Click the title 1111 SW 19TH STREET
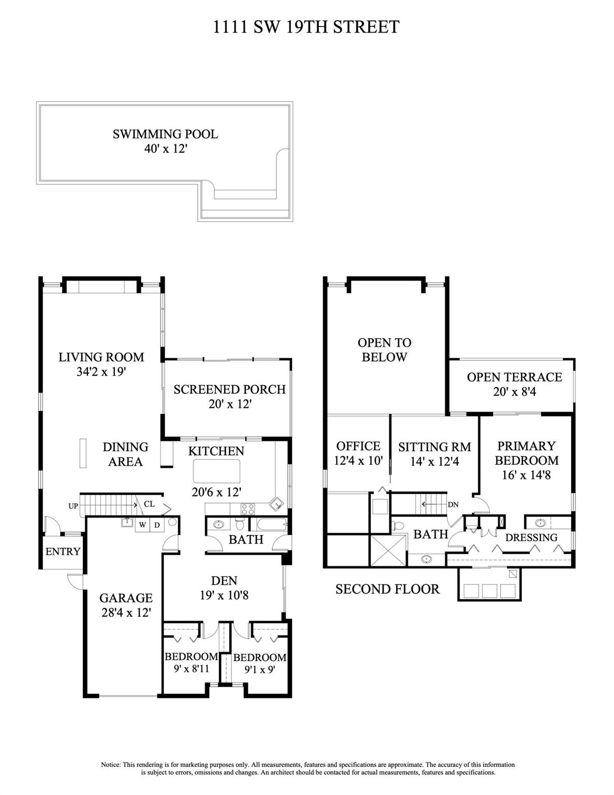point(306,27)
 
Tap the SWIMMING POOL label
point(165,134)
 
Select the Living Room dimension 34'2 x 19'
point(101,372)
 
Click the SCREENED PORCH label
point(229,389)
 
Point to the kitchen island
point(216,471)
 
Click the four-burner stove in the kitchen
point(248,509)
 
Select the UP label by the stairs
point(73,506)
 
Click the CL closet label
point(149,504)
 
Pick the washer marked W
point(142,525)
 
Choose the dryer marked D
point(157,525)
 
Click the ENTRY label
point(63,551)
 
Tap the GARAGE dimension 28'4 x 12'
point(126,612)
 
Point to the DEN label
point(224,581)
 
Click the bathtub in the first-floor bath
point(272,524)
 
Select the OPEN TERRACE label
point(515,377)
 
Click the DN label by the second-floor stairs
point(453,505)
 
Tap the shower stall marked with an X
point(389,551)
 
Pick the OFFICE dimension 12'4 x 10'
point(358,460)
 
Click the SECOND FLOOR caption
point(387,590)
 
